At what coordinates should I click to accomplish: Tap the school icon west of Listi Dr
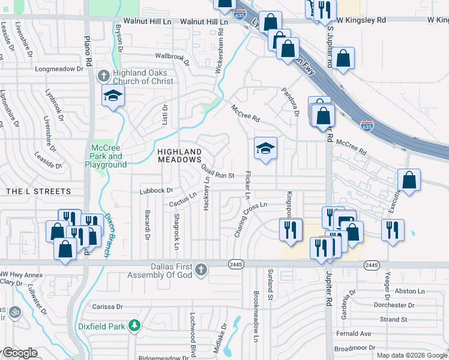point(113,96)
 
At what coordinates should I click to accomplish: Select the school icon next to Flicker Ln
point(265,148)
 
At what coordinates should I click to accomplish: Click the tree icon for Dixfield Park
point(136,326)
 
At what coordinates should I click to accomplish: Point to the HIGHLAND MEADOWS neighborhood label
point(179,155)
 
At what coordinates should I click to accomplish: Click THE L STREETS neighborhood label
point(38,191)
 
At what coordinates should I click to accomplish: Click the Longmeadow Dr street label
point(59,69)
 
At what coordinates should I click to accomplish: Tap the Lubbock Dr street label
point(156,191)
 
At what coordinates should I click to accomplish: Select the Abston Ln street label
point(410,291)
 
